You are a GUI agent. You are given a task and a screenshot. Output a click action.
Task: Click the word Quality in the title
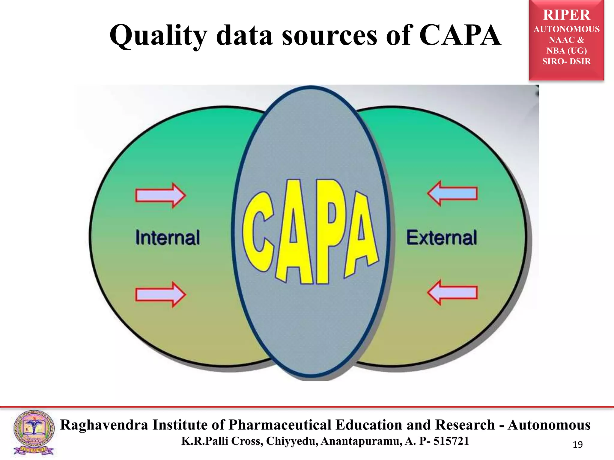tap(158, 36)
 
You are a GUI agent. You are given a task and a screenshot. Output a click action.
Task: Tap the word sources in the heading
tap(329, 36)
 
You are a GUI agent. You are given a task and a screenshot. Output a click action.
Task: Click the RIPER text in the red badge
tap(566, 15)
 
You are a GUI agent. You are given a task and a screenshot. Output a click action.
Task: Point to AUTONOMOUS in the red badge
tap(566, 29)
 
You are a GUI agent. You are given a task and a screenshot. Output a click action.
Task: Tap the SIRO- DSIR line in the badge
tap(566, 61)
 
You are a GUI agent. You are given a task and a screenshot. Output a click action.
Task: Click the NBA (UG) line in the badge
tap(566, 51)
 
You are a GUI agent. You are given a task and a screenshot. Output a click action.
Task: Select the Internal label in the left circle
tap(168, 237)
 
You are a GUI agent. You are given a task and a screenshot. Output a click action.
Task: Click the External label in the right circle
tap(441, 237)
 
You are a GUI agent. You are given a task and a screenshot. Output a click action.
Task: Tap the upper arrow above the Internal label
tap(161, 195)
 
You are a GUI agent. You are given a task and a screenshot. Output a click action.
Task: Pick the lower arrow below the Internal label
tap(161, 294)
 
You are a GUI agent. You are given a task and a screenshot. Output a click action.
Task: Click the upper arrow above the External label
tap(452, 193)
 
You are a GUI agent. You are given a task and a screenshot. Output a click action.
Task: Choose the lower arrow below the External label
tap(452, 292)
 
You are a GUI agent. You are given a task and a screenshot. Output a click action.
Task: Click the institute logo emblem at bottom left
tap(34, 432)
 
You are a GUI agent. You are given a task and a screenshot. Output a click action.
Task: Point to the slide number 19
tap(577, 445)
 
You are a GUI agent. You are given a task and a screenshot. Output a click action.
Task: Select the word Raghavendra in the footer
tap(104, 425)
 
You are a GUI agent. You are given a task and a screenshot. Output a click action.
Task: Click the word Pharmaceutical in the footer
tap(280, 425)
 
